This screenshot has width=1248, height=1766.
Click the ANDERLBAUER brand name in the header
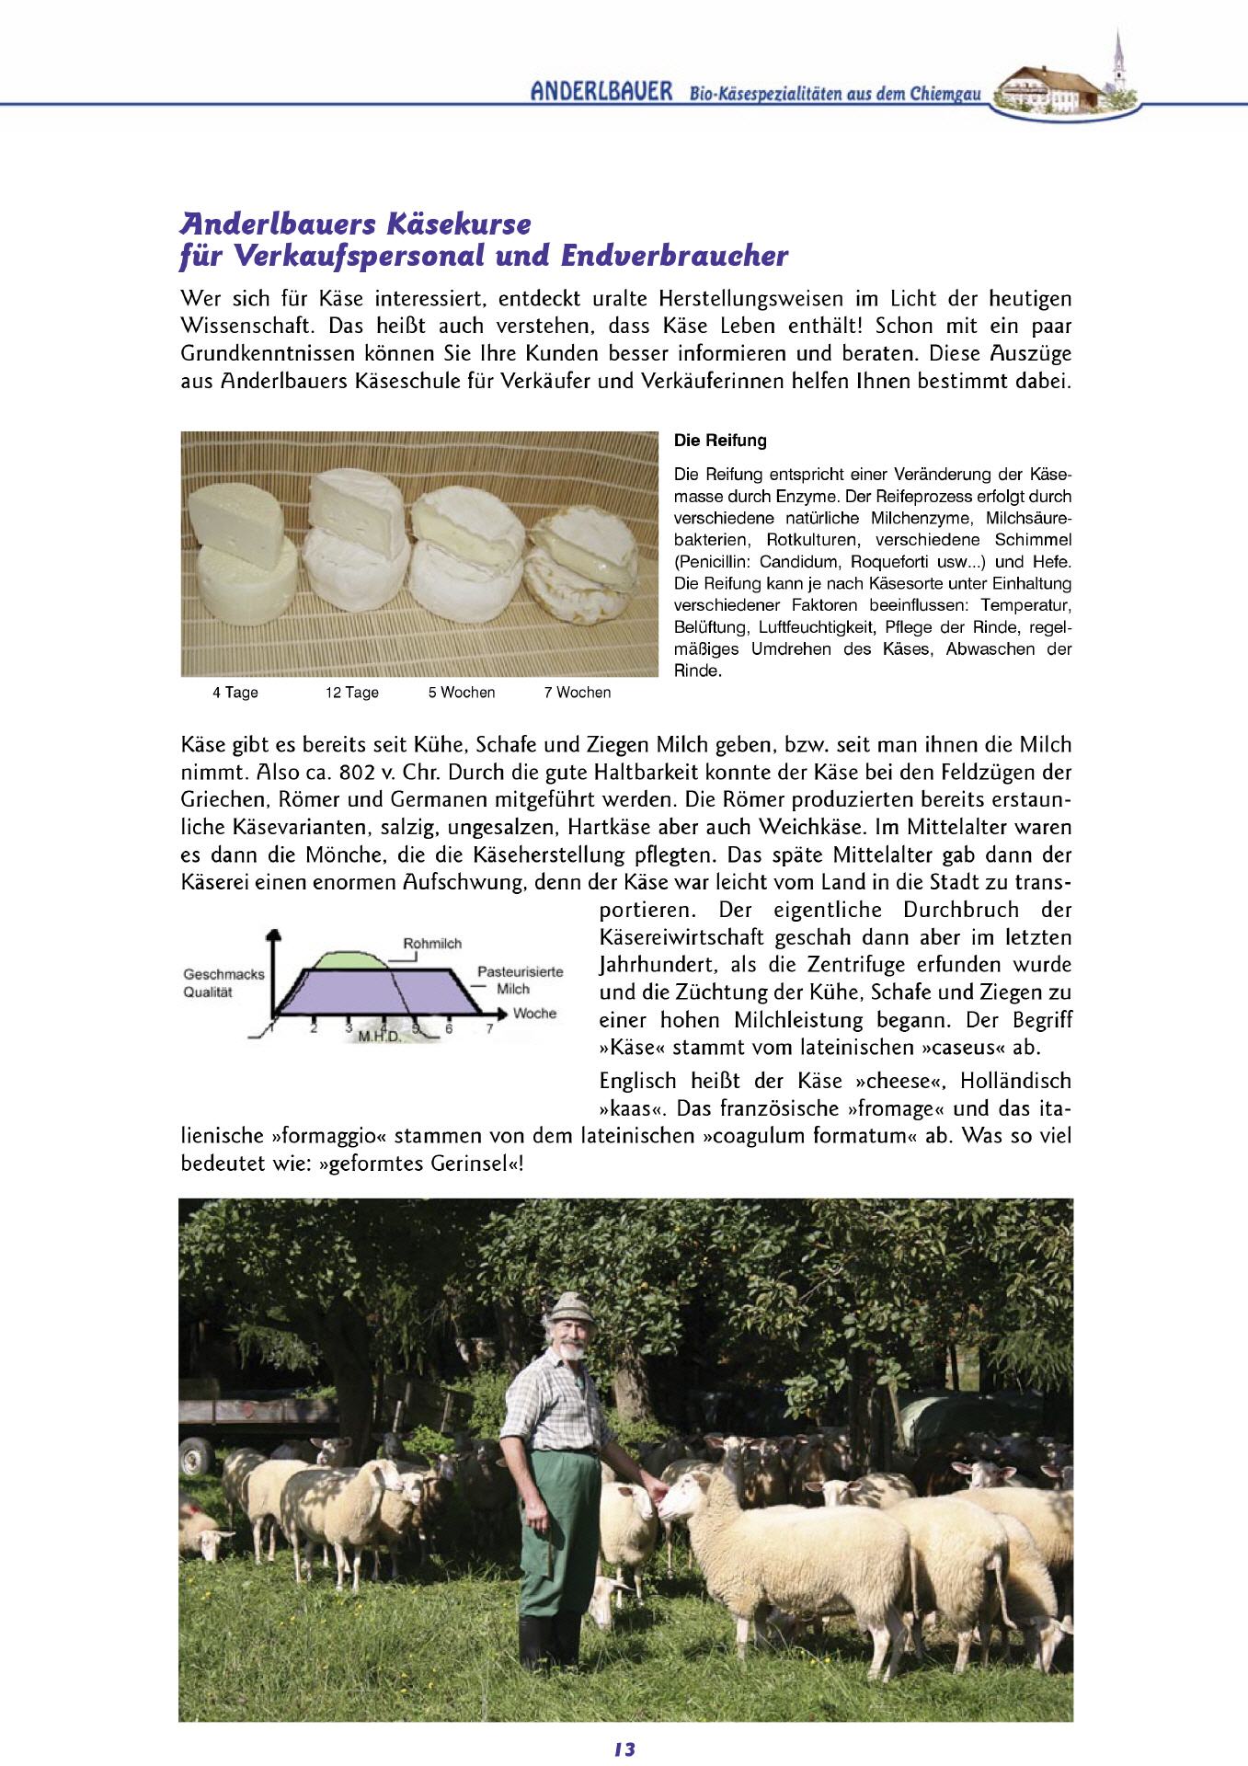point(601,92)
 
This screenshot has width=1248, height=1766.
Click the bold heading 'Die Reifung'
point(720,441)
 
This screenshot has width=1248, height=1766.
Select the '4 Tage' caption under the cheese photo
point(235,693)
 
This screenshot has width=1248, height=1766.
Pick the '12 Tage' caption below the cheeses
point(351,693)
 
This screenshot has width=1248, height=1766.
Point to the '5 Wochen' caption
point(461,693)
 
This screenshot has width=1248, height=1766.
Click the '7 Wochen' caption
point(577,693)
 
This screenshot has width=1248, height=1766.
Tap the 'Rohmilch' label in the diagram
point(432,944)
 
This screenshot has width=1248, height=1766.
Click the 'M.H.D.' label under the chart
point(380,1037)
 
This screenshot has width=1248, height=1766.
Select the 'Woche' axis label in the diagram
point(534,1014)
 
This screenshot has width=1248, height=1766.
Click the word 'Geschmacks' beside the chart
point(223,974)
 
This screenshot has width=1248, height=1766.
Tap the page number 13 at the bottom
point(624,1749)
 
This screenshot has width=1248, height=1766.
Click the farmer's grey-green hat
point(570,1305)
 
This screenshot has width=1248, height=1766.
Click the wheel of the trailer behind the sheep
point(193,1456)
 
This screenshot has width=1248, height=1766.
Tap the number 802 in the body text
point(358,772)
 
